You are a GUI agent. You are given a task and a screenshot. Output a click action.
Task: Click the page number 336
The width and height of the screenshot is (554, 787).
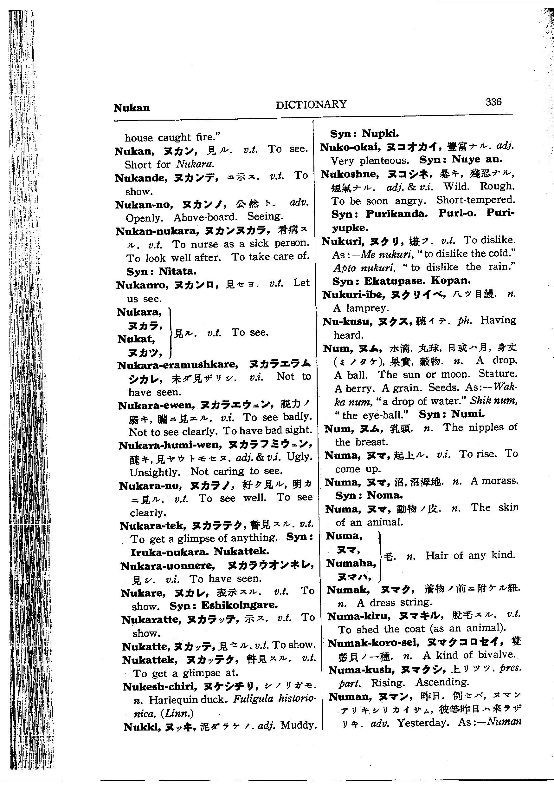[493, 102]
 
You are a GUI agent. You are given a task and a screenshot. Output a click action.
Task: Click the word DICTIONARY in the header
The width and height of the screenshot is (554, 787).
[311, 104]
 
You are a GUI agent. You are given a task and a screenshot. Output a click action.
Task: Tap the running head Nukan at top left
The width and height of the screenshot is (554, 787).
[132, 108]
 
